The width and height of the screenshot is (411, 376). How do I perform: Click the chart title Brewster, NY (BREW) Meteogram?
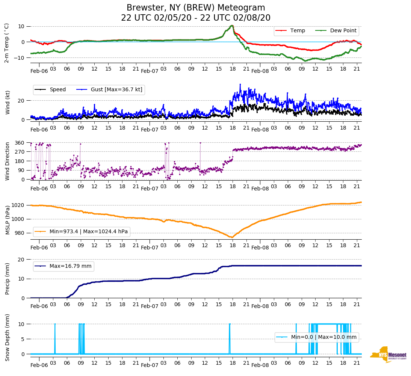click(196, 8)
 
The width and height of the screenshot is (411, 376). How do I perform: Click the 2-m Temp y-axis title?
click(7, 42)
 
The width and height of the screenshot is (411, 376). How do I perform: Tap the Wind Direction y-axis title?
click(8, 161)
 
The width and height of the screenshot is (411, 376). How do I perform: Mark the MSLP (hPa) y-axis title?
click(8, 219)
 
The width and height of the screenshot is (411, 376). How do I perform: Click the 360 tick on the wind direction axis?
click(20, 143)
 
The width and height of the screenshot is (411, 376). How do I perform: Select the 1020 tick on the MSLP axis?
click(18, 205)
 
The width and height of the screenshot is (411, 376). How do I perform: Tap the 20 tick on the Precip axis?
click(22, 260)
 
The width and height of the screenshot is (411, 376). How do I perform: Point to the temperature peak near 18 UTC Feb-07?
click(232, 26)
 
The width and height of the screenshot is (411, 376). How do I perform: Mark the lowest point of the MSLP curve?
click(231, 237)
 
